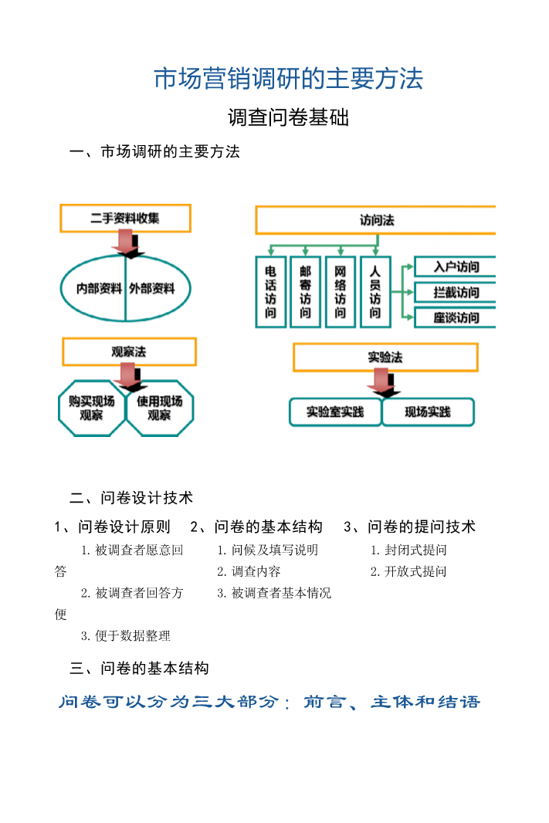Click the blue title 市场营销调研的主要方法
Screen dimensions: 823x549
point(289,79)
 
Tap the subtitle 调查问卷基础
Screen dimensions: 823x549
point(289,118)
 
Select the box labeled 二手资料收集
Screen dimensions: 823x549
point(125,218)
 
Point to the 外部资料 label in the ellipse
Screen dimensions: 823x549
point(152,289)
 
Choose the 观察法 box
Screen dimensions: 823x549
point(129,352)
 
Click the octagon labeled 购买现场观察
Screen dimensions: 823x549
point(92,408)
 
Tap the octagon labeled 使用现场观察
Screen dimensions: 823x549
point(160,408)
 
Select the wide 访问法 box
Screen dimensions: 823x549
point(376,220)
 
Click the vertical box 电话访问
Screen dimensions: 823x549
point(271,292)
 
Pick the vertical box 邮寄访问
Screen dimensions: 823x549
point(306,292)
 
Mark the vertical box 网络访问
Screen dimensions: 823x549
point(341,292)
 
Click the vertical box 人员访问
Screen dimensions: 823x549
point(375,292)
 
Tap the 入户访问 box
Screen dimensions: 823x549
point(456,267)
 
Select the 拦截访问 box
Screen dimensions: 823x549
point(456,293)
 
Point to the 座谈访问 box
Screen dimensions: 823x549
point(456,317)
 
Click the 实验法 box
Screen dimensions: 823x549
point(385,357)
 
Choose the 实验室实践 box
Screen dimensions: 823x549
point(335,412)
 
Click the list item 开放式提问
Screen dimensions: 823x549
point(408,572)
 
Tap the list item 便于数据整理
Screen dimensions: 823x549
point(126,636)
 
